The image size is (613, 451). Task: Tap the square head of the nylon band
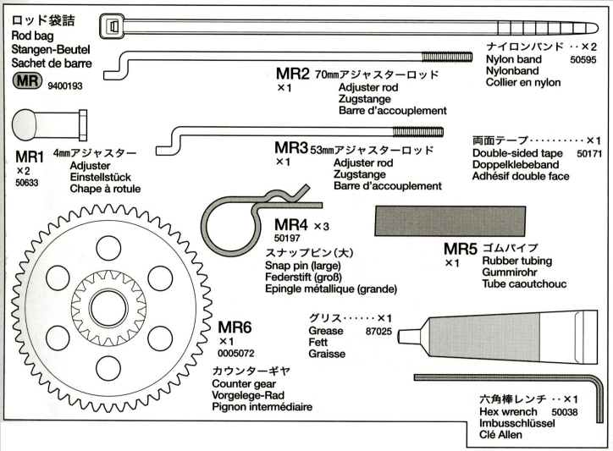(113, 26)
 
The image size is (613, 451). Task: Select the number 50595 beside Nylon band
(583, 61)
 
